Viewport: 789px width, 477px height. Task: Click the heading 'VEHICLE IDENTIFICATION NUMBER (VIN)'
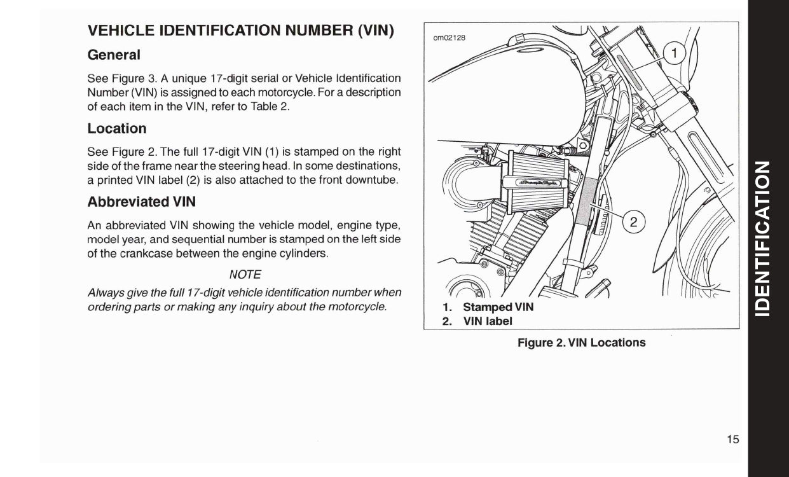[x=240, y=31]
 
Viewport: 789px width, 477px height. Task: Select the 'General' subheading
[x=114, y=55]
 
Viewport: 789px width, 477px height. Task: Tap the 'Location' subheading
[x=117, y=128]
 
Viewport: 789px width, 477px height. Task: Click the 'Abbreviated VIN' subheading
[x=141, y=202]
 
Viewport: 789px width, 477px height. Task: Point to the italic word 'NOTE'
[x=245, y=274]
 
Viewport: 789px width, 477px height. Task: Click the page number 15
[x=733, y=439]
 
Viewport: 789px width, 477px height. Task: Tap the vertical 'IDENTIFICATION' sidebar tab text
[x=767, y=238]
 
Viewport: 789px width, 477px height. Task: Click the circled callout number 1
[x=675, y=54]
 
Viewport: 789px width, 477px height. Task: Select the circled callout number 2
[x=633, y=222]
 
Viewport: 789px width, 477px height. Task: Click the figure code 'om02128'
[x=449, y=38]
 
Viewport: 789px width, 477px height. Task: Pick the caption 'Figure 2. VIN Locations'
[x=581, y=343]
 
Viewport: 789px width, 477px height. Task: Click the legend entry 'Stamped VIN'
[x=498, y=307]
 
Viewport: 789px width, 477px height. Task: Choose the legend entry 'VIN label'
[x=488, y=321]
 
